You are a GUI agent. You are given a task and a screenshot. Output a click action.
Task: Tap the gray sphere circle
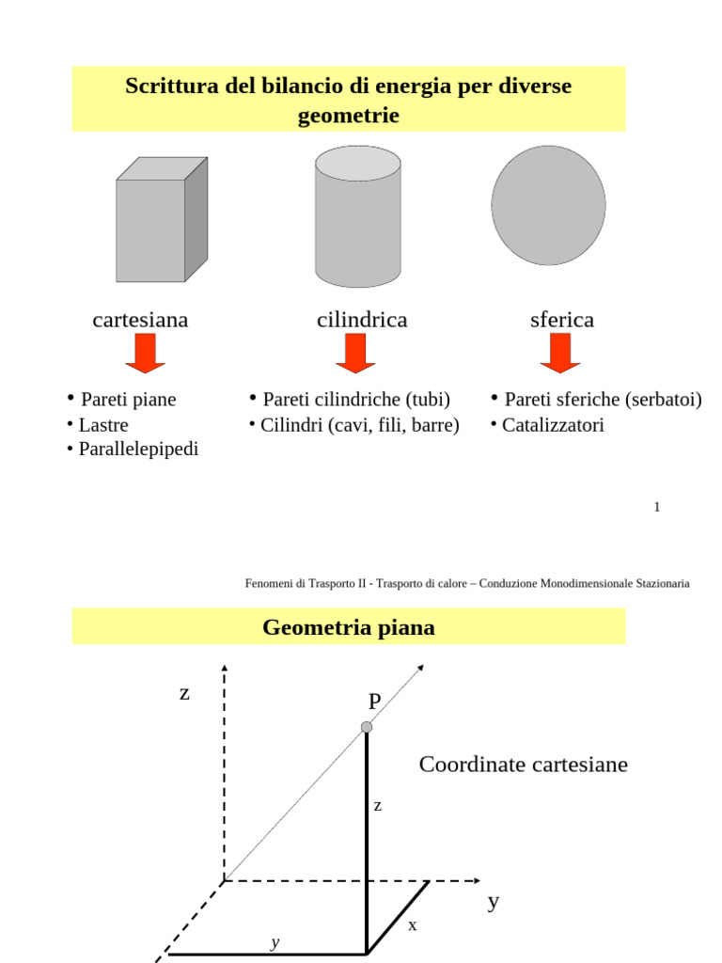(x=548, y=205)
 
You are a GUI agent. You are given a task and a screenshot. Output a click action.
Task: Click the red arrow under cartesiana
(x=145, y=354)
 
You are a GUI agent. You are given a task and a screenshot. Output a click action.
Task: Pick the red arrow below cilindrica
(x=355, y=354)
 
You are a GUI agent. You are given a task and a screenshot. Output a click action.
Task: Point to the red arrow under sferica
(x=560, y=354)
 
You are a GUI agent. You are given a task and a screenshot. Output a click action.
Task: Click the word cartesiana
(x=140, y=320)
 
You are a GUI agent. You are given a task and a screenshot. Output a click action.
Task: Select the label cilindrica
(x=362, y=320)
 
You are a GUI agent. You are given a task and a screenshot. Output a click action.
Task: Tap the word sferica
(x=562, y=320)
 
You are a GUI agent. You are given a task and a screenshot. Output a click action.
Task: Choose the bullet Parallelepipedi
(x=138, y=450)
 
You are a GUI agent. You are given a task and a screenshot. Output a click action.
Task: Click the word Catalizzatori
(x=553, y=425)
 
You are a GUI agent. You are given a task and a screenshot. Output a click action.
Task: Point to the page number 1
(x=657, y=508)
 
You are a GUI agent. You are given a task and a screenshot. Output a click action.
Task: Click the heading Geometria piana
(x=349, y=627)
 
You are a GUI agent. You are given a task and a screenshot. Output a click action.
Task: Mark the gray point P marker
(x=367, y=727)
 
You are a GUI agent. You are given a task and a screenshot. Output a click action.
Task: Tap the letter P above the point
(x=375, y=701)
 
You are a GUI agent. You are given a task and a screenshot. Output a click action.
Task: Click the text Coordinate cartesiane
(x=523, y=765)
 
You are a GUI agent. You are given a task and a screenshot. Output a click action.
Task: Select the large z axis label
(x=184, y=694)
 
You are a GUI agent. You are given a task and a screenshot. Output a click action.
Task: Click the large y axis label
(x=494, y=902)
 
